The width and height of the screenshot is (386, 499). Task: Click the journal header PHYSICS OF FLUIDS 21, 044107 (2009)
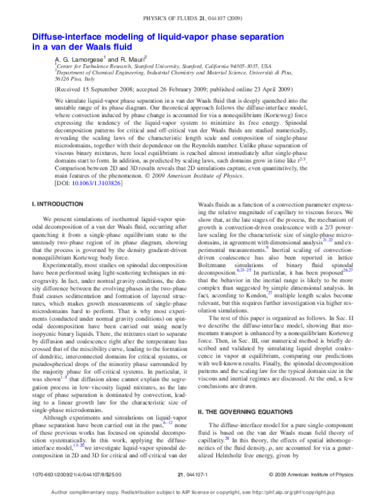(x=193, y=6)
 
